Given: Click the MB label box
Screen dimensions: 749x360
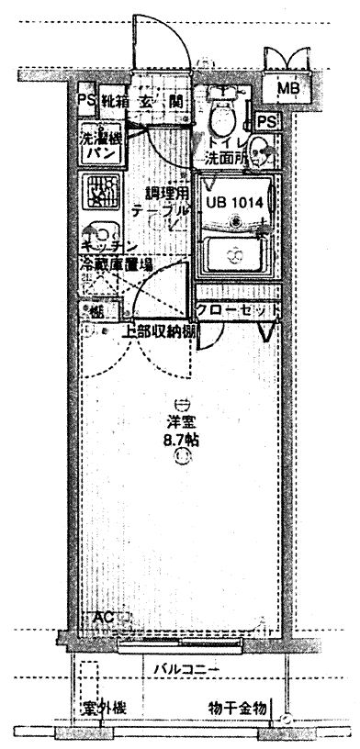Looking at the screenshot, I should [x=288, y=88].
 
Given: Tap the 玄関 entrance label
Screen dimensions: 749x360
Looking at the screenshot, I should [x=162, y=102].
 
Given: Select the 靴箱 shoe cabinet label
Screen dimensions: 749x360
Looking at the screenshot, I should [x=115, y=102].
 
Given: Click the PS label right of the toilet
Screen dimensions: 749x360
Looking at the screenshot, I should [x=267, y=121].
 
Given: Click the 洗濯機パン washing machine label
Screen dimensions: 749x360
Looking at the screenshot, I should [x=98, y=146].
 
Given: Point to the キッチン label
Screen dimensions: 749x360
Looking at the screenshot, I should [x=108, y=246].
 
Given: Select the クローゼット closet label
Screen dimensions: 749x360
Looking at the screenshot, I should [x=238, y=310].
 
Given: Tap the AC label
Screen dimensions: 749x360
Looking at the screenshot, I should [x=103, y=618].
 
